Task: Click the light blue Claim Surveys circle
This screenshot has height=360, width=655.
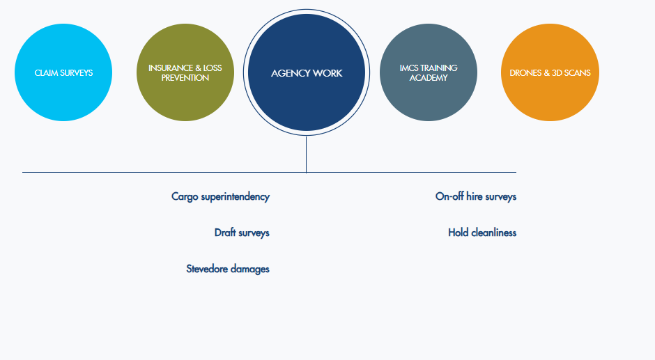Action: pyautogui.click(x=63, y=72)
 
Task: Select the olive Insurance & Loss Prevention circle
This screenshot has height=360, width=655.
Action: pyautogui.click(x=185, y=72)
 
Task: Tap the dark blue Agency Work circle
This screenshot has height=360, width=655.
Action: pyautogui.click(x=307, y=72)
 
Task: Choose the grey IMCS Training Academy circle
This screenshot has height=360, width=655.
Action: pyautogui.click(x=428, y=72)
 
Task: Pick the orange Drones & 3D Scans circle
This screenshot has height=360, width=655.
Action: pyautogui.click(x=550, y=72)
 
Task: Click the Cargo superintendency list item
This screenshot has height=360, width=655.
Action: pyautogui.click(x=221, y=196)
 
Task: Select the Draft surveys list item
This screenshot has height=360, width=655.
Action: pyautogui.click(x=242, y=233)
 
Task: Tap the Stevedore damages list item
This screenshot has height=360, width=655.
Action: pyautogui.click(x=228, y=269)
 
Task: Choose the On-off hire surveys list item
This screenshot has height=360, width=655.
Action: pyautogui.click(x=476, y=196)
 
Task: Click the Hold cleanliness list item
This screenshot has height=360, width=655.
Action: pyautogui.click(x=482, y=233)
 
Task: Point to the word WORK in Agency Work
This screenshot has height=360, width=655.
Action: pyautogui.click(x=327, y=73)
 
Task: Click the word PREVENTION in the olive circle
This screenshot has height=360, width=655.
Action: pyautogui.click(x=185, y=78)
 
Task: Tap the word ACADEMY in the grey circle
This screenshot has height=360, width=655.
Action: pyautogui.click(x=428, y=78)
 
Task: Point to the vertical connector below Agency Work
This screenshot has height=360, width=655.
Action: pyautogui.click(x=306, y=155)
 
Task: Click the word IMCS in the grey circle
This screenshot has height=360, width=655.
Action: pyautogui.click(x=408, y=68)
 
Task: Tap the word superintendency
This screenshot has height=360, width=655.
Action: pyautogui.click(x=236, y=196)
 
